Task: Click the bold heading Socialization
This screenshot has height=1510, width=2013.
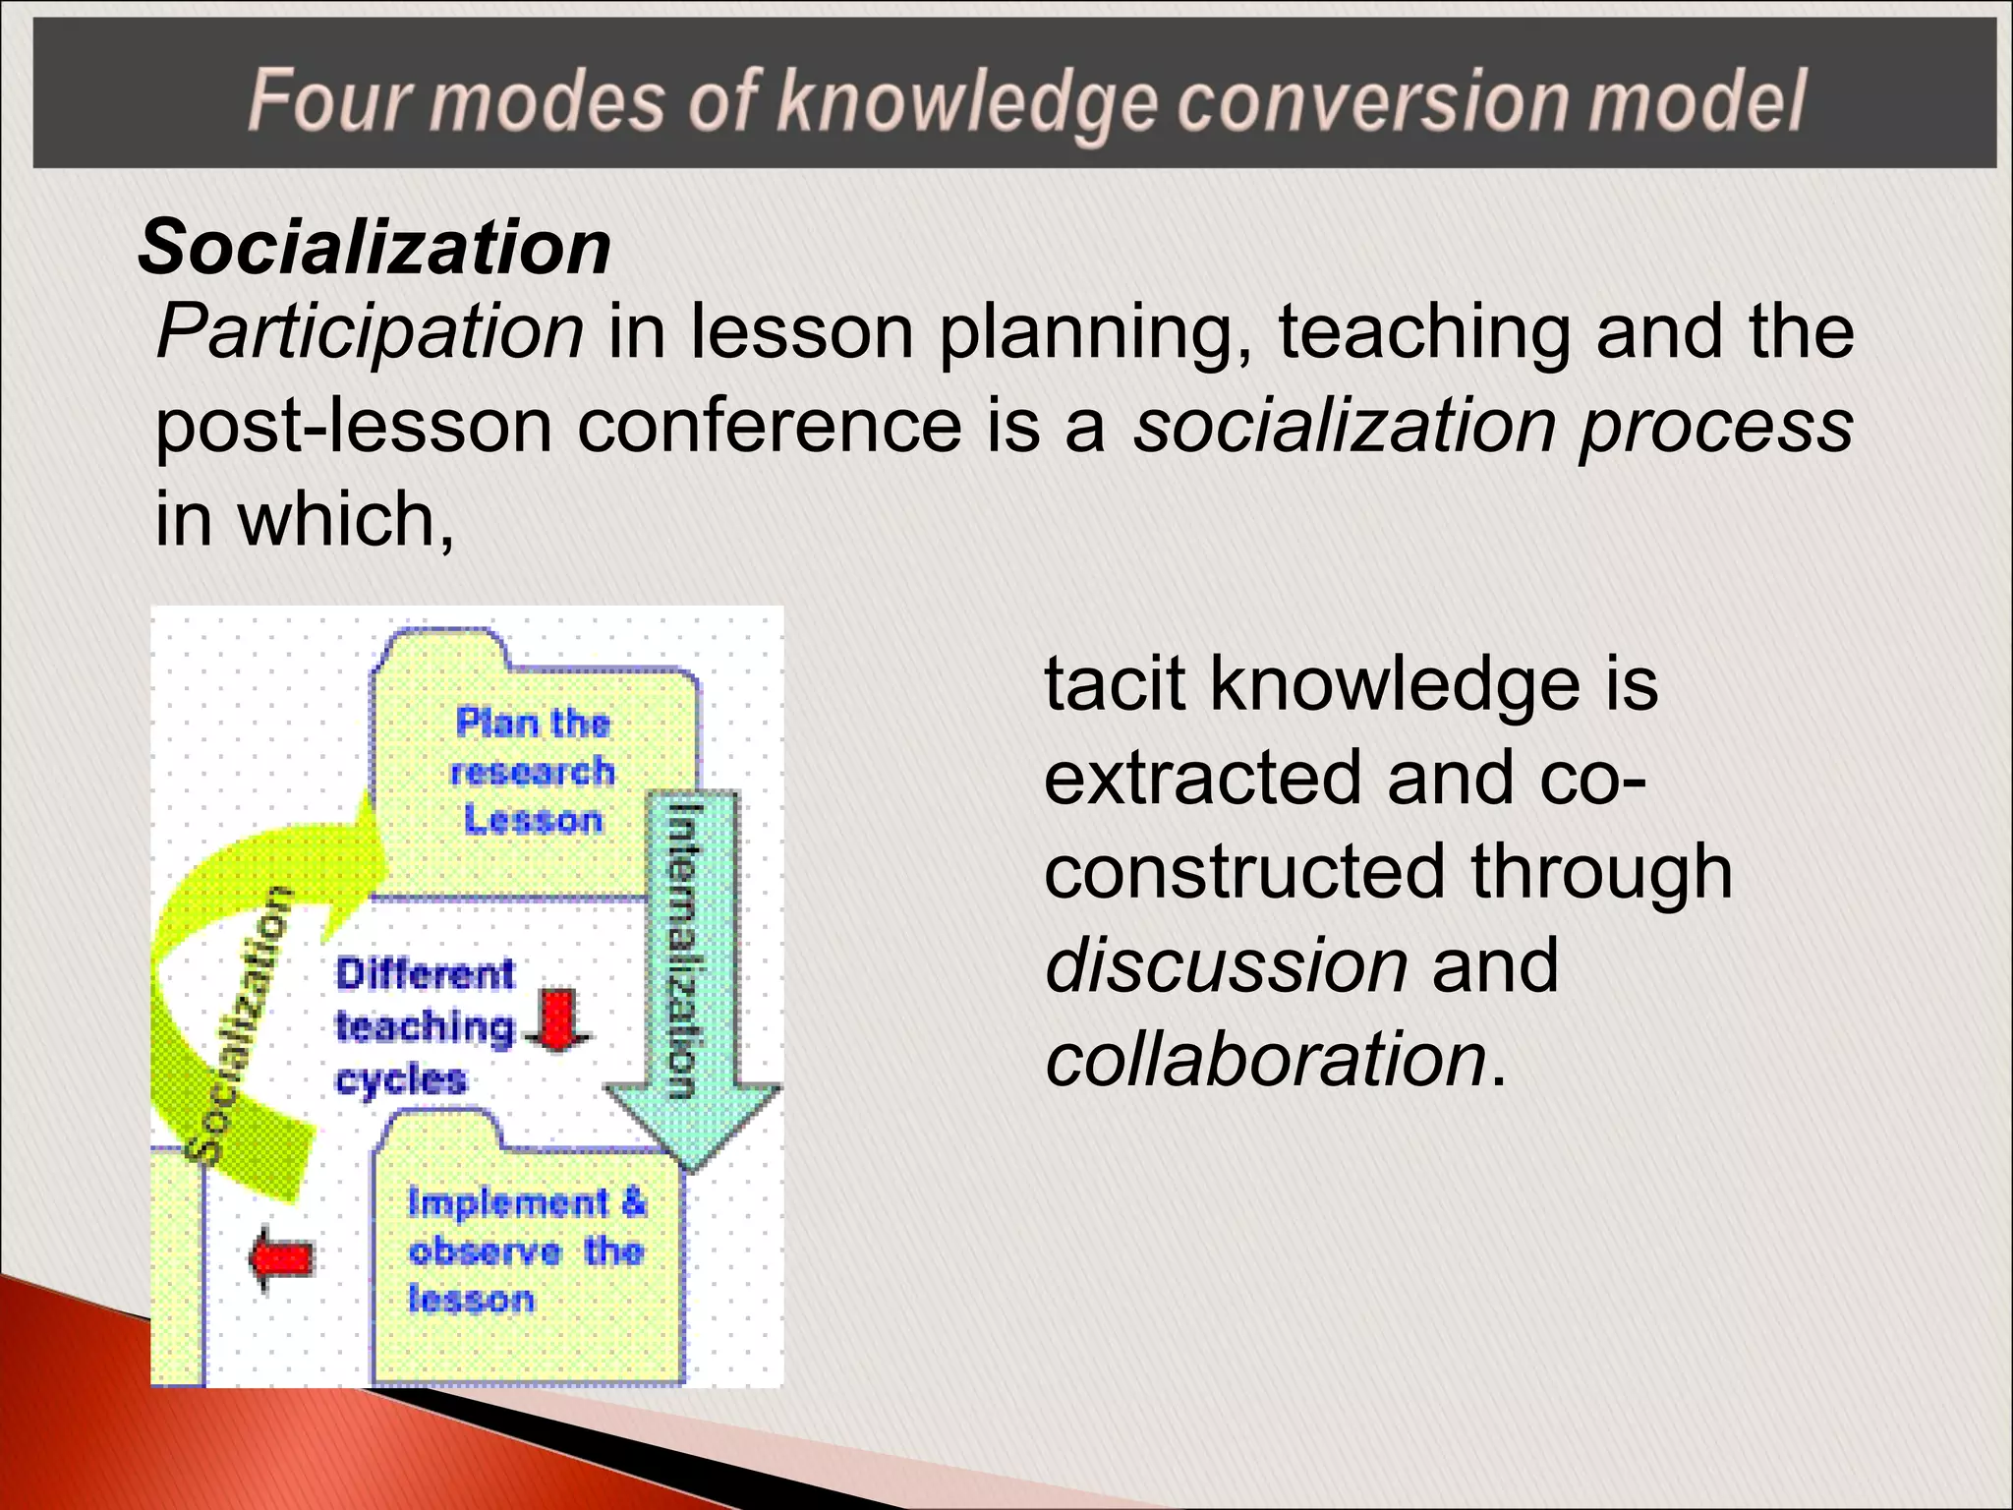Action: [374, 248]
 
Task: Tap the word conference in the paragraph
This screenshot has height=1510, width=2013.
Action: [769, 427]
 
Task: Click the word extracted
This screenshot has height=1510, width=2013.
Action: [1203, 778]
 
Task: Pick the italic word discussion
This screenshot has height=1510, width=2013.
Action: [1226, 965]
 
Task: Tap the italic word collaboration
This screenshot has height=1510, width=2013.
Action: [1265, 1059]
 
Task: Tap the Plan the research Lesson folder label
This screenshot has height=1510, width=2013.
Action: [533, 772]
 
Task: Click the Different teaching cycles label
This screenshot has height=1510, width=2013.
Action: [425, 1026]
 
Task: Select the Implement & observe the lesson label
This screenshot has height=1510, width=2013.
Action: [527, 1250]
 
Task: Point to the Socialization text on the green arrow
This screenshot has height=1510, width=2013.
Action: [239, 1022]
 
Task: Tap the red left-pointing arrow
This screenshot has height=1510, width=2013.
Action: [282, 1257]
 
